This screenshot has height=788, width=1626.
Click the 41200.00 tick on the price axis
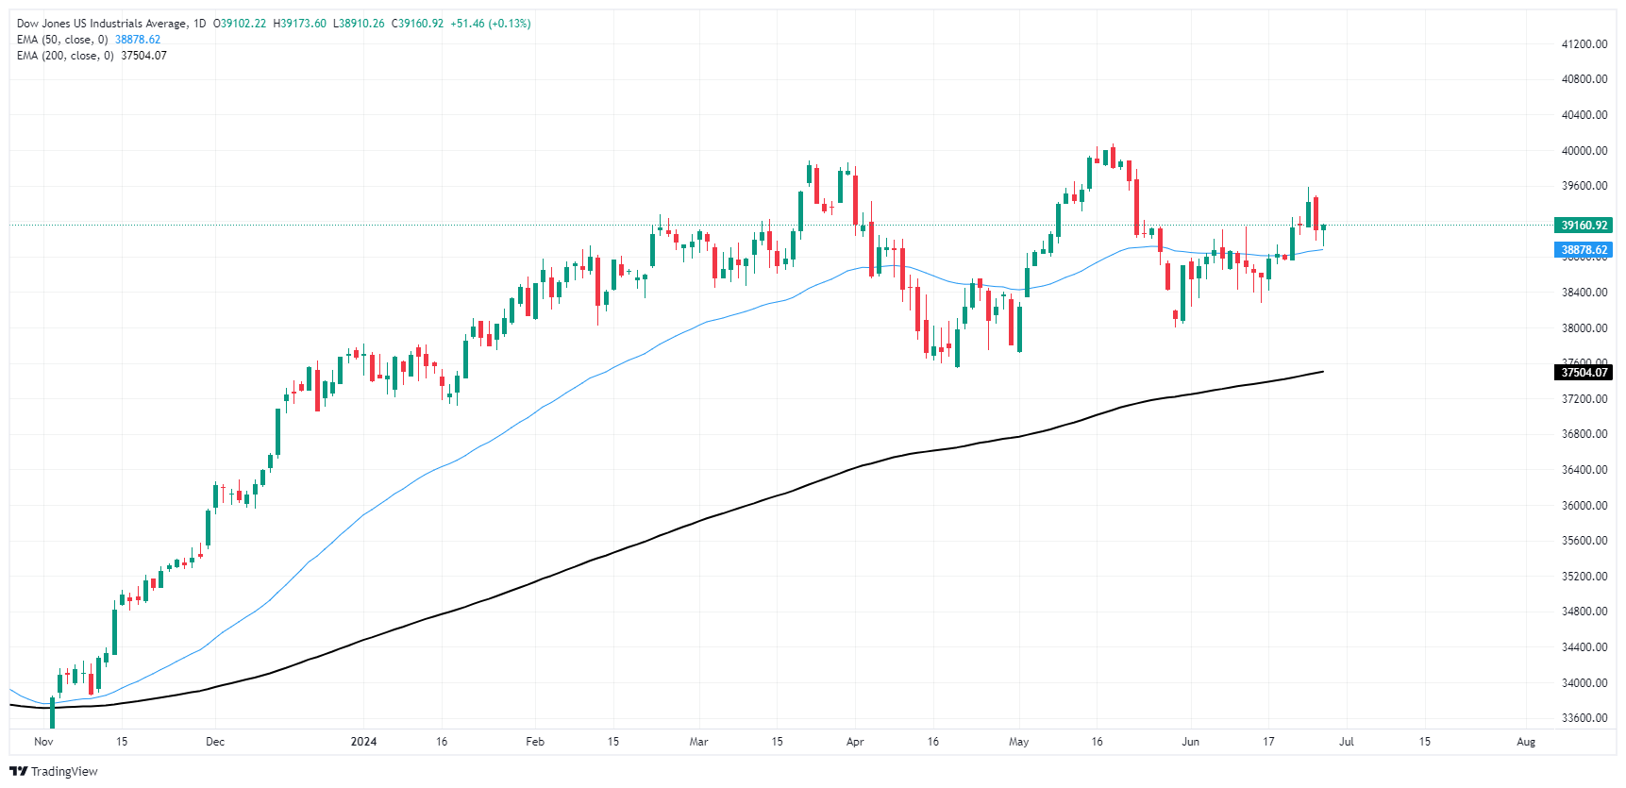click(1584, 44)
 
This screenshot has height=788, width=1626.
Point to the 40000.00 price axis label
click(1584, 151)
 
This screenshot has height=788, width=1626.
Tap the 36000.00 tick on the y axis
click(1584, 506)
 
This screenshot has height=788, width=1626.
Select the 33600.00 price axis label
click(1584, 718)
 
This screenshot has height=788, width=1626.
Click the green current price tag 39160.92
click(1583, 226)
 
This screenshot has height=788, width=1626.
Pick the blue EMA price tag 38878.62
click(1583, 250)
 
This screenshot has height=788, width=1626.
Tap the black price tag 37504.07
click(1583, 373)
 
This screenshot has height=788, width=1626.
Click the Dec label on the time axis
click(215, 742)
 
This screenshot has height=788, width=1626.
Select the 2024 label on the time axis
click(363, 742)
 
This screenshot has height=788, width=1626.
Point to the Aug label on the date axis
click(1525, 742)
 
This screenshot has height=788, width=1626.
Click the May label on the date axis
click(1018, 742)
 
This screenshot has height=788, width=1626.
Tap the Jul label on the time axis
click(1346, 742)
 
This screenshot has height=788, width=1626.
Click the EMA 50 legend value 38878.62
click(138, 40)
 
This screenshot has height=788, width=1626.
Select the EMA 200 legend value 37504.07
click(143, 56)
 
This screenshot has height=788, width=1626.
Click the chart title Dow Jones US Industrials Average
click(102, 24)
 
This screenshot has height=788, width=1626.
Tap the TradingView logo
click(54, 771)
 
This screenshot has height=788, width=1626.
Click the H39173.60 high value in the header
click(299, 24)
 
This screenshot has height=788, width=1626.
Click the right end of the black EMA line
click(1322, 372)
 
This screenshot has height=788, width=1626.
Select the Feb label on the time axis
click(535, 742)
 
